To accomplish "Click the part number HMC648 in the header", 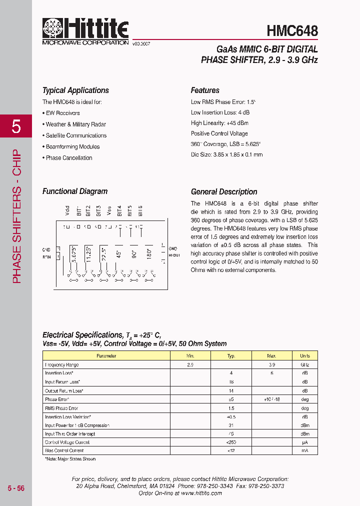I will (292, 30).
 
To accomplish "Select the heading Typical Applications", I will (75, 90).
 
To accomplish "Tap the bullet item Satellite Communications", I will (76, 135).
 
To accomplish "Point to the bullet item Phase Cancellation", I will (69, 158).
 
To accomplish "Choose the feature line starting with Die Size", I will (226, 154).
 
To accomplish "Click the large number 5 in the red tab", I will (16, 127).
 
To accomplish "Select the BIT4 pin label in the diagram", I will (119, 210).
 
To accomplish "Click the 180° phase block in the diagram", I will (149, 252).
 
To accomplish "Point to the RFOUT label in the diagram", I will (174, 254).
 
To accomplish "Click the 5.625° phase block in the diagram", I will (74, 254).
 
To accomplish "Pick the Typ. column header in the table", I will (231, 356).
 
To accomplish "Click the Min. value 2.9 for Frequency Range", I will (190, 365).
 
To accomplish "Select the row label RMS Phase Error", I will (61, 408).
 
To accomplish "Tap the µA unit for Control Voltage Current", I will (304, 442).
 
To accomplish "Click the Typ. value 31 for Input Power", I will (231, 425).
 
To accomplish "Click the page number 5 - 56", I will (16, 488).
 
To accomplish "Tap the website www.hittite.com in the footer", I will (201, 493).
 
